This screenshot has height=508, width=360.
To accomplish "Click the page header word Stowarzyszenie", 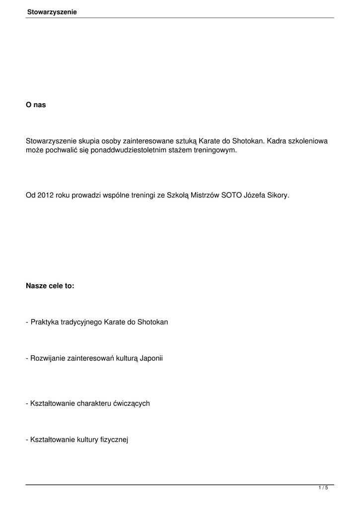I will (x=52, y=11).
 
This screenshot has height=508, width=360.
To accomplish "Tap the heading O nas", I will (x=36, y=105).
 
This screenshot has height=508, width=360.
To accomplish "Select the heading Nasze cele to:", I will (x=50, y=286).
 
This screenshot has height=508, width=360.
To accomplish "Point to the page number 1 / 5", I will (x=323, y=488).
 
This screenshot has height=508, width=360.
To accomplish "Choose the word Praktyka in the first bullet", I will (x=44, y=322).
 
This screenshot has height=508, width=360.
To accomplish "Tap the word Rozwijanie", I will (x=48, y=358).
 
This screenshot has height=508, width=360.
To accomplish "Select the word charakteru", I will (x=93, y=403).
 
